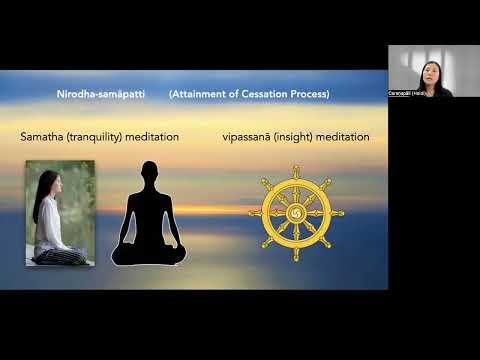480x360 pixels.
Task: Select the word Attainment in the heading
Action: click(x=198, y=94)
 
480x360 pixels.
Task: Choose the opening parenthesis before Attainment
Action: click(x=171, y=94)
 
